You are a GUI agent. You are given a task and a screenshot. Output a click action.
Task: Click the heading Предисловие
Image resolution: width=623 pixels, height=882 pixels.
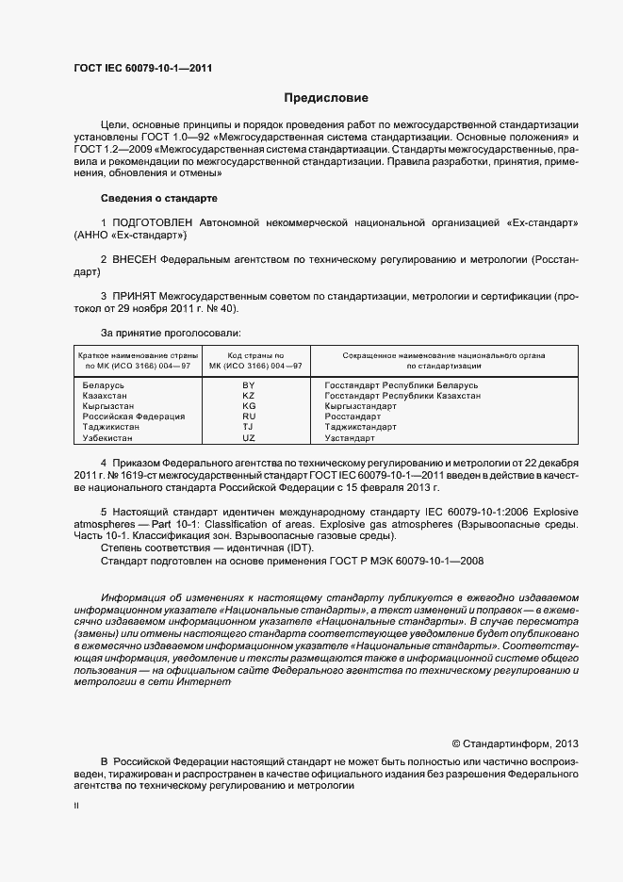(x=326, y=98)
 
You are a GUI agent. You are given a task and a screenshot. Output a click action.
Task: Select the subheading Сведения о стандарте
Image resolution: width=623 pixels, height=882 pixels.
(x=158, y=199)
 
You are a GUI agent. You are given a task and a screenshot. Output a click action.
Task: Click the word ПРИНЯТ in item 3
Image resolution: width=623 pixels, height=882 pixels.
(x=134, y=295)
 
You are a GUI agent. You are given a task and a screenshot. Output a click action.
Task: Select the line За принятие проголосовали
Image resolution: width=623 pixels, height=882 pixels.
(x=171, y=333)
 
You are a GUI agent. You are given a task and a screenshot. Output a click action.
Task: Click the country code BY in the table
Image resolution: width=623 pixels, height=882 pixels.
(x=249, y=385)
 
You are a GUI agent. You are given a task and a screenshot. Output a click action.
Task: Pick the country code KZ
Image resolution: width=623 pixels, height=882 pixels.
(x=249, y=396)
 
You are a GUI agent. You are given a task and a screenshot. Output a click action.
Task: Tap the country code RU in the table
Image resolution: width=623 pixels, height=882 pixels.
(x=249, y=416)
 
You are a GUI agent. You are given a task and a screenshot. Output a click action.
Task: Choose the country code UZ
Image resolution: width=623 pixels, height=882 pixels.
(x=249, y=438)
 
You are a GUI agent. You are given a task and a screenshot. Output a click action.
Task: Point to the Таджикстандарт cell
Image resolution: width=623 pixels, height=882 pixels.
(x=360, y=427)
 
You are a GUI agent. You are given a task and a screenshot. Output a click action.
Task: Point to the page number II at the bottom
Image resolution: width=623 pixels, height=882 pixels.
(x=76, y=807)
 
